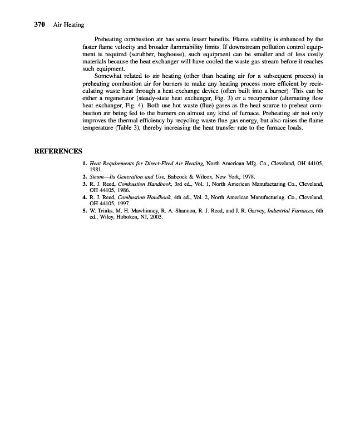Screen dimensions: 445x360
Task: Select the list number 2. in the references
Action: click(x=85, y=176)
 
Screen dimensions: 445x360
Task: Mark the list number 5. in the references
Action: click(x=85, y=211)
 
